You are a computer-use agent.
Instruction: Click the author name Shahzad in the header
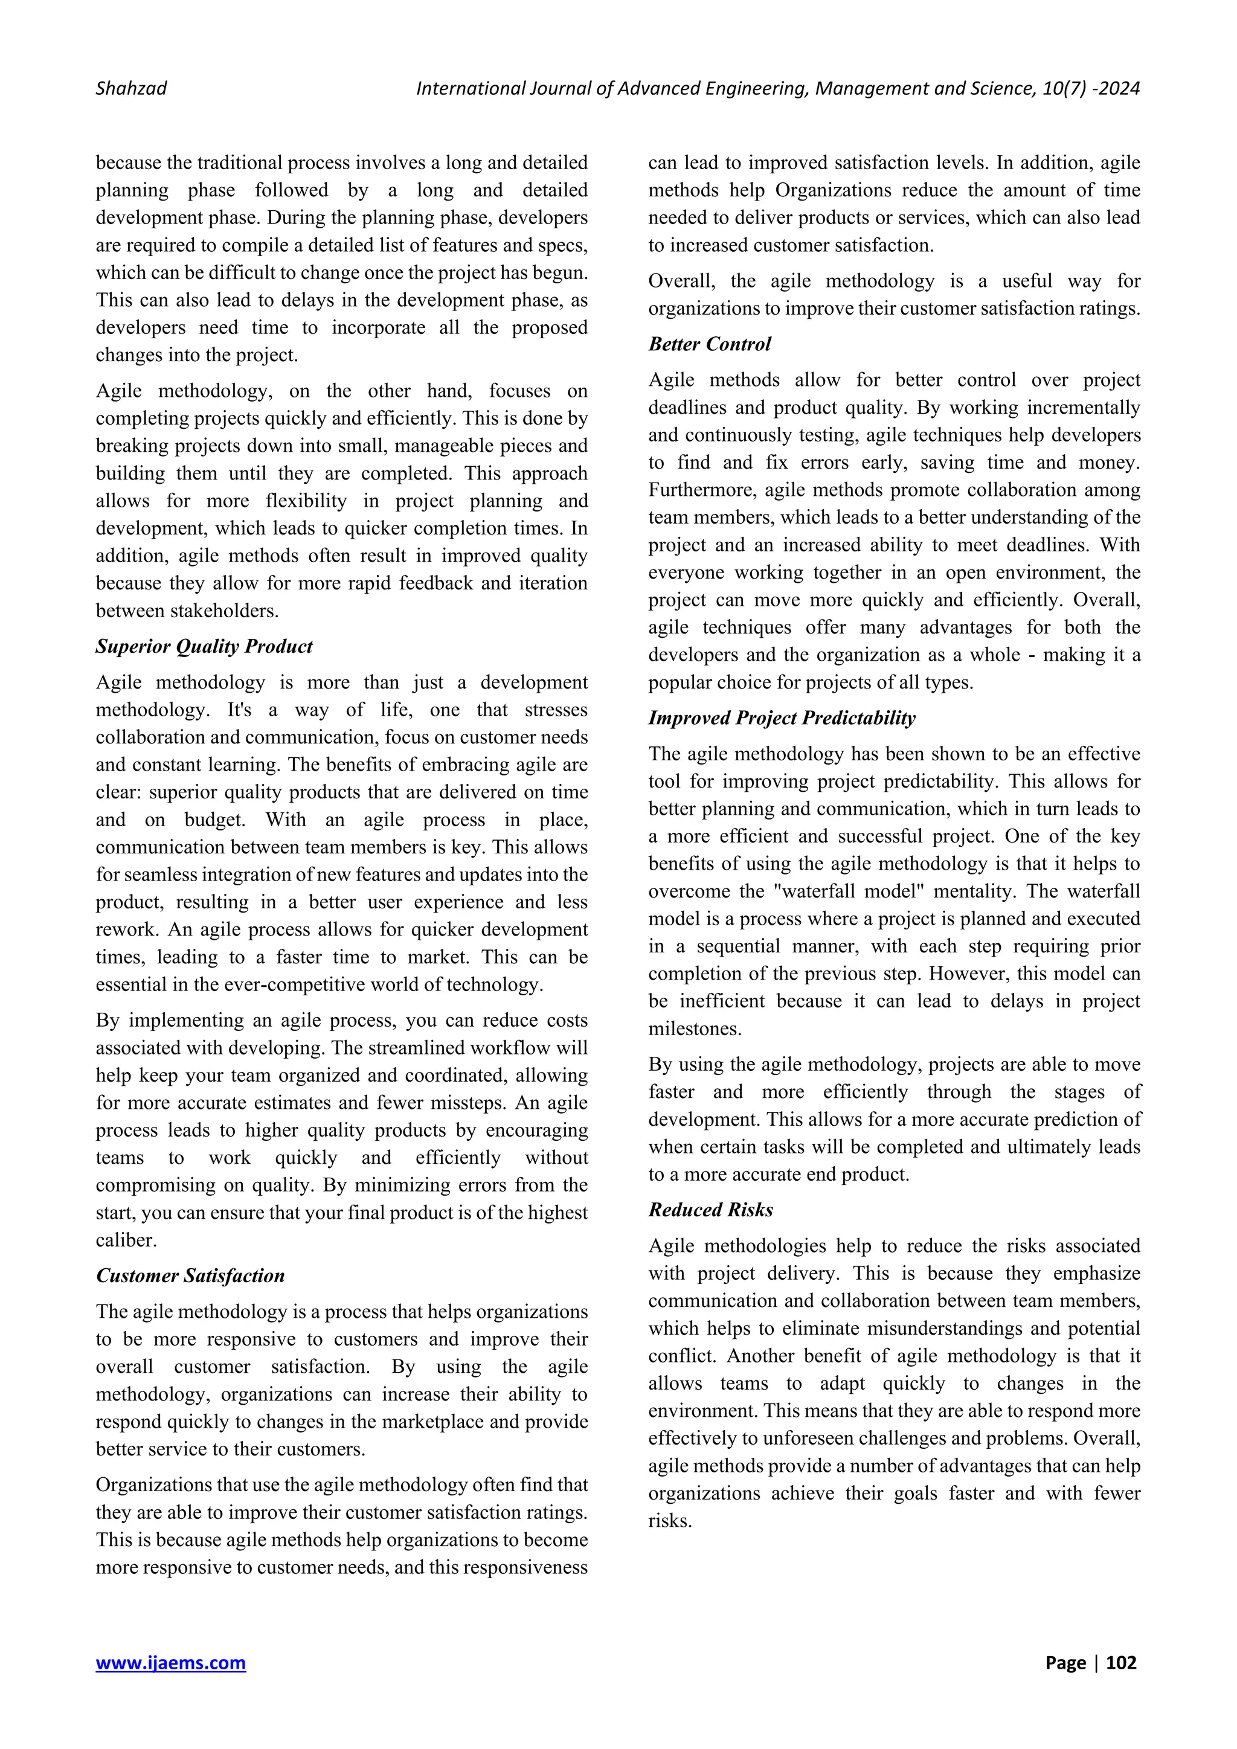pos(131,88)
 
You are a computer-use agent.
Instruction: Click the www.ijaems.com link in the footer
pos(170,1662)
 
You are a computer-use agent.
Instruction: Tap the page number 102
pos(1120,1662)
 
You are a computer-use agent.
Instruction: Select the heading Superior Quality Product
pos(204,647)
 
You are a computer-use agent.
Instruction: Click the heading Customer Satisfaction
pos(190,1276)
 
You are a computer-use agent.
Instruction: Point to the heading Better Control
pos(709,344)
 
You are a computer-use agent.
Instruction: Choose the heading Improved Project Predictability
pos(782,718)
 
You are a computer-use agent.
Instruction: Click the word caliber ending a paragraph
pos(126,1240)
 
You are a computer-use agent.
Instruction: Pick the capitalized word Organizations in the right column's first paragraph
pos(834,190)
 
